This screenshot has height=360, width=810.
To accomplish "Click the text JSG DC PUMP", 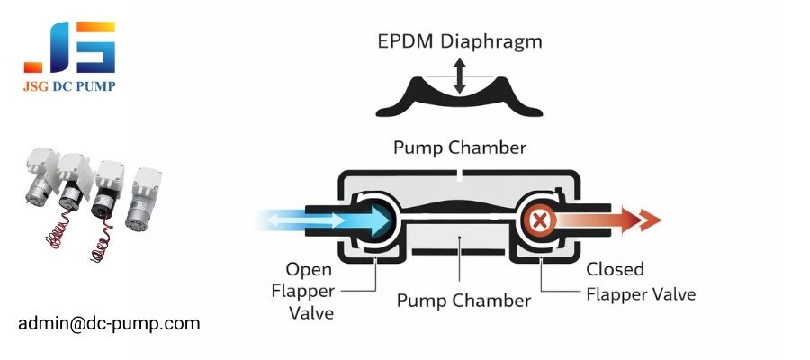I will pos(69,86).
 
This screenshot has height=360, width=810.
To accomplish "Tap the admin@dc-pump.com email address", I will pos(109,322).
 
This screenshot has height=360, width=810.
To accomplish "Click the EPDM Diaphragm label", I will pos(460,42).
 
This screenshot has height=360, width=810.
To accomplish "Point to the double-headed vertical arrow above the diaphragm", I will pos(460,76).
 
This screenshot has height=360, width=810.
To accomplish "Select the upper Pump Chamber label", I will pos(460,147).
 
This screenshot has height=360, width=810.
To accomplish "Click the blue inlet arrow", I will pos(306,220).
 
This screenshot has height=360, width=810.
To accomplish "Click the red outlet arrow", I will pos(621,220).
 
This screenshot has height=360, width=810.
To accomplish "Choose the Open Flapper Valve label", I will pos(309,291).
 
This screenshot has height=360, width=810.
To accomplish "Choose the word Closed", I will pos(615,269).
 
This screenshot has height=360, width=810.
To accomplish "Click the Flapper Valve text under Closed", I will pos(641,294).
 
